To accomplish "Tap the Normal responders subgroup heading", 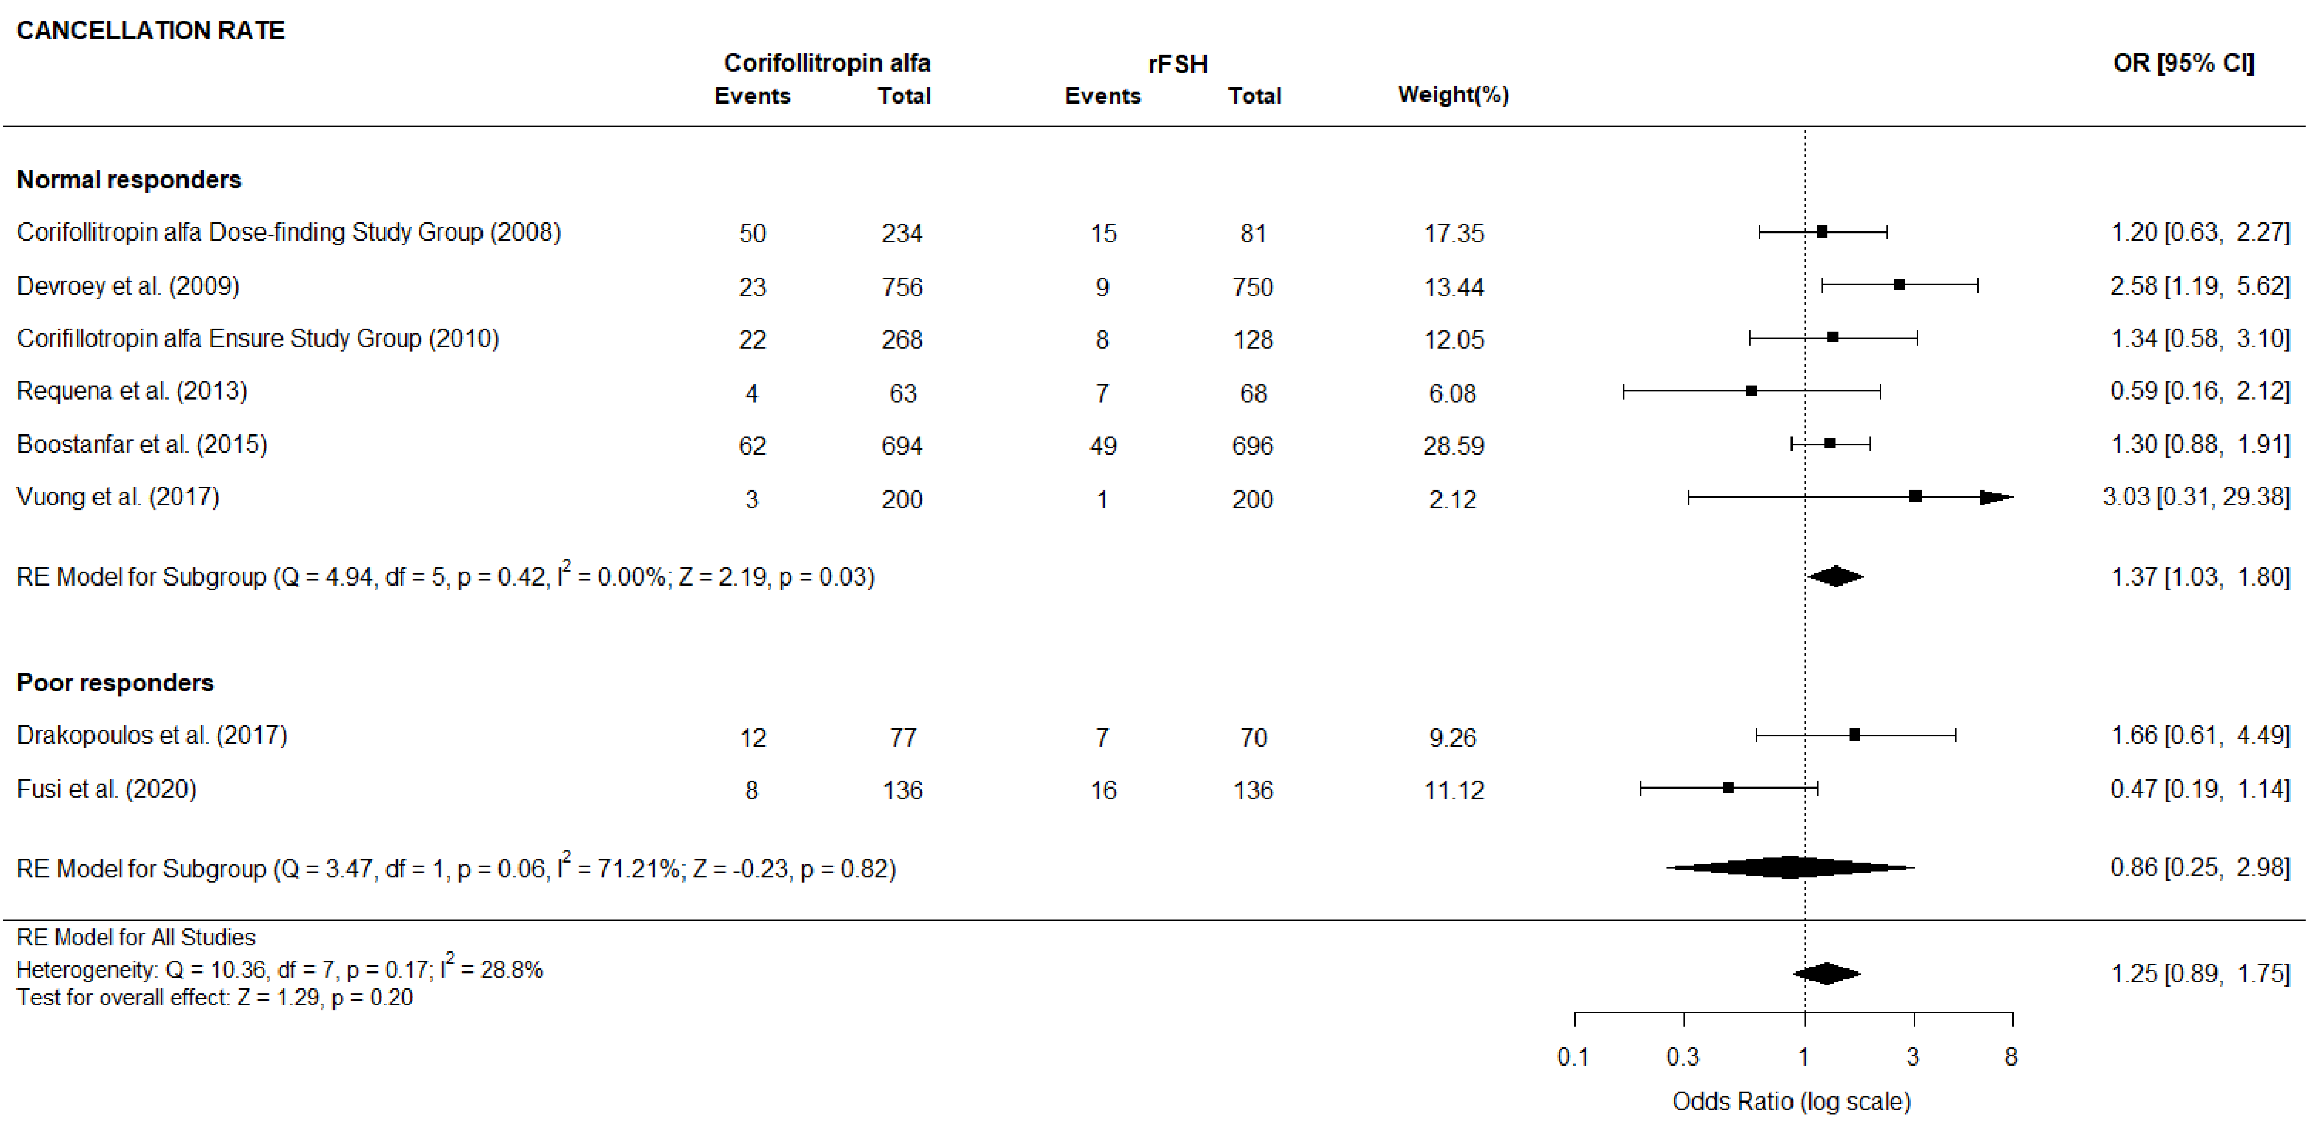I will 128,179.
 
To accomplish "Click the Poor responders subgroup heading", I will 115,683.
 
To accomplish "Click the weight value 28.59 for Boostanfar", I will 1453,445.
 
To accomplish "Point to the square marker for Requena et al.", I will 1751,391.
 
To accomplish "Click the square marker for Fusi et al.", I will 1728,788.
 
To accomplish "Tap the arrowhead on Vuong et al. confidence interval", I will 1995,497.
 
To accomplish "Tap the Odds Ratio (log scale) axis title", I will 1790,1101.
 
